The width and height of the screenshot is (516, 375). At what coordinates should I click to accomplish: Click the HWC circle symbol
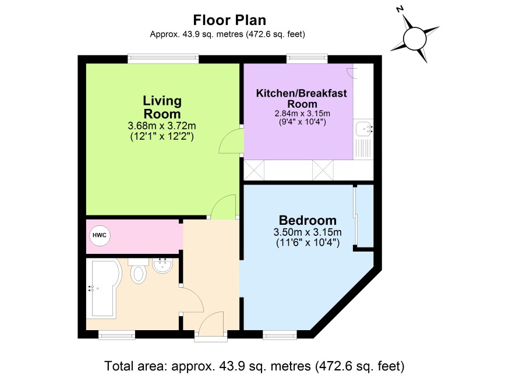coord(100,235)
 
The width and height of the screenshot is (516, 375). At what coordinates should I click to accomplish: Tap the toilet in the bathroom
coord(138,271)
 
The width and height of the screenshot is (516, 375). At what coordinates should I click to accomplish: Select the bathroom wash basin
coord(162,266)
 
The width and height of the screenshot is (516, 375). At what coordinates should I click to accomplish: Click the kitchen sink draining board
coord(363,148)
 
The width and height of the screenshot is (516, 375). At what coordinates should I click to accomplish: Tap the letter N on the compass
coord(400,9)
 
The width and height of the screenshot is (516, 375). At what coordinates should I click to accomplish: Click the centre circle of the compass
coord(415,38)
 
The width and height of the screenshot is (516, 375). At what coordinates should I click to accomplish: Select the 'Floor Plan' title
coord(229,20)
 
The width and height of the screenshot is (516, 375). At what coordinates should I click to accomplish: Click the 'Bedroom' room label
coord(308,220)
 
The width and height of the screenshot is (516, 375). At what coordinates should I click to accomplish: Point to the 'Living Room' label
coord(162,107)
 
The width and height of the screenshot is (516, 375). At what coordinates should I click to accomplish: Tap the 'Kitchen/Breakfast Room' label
coord(302,98)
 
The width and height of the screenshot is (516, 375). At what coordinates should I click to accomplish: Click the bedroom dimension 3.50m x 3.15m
coord(308,232)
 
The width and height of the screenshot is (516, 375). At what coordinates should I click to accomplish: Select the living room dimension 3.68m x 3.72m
coord(162,126)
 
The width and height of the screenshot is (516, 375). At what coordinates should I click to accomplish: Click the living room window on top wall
coord(163,59)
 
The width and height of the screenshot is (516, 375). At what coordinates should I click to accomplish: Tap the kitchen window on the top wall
coord(307,59)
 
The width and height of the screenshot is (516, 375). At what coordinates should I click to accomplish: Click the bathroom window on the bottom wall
coord(117,335)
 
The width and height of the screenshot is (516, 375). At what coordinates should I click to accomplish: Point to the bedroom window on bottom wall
coord(280,335)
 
